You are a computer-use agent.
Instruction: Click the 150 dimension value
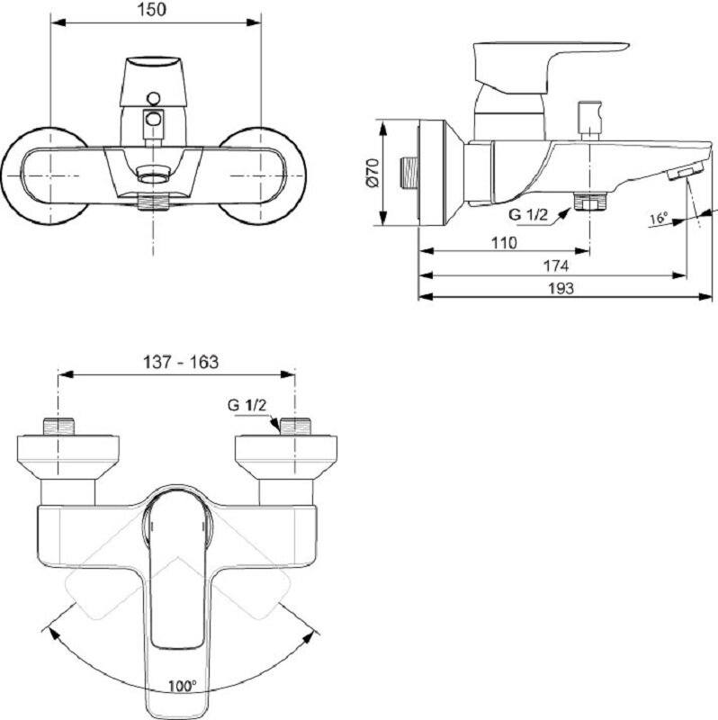(x=152, y=10)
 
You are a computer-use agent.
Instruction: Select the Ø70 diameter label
(x=372, y=173)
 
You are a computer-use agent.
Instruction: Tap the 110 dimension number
(x=504, y=242)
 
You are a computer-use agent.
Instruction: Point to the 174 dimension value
(x=556, y=265)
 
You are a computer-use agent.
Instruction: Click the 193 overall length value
(x=561, y=288)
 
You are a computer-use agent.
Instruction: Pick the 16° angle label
(x=659, y=218)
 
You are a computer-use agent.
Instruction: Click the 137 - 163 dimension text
(x=182, y=362)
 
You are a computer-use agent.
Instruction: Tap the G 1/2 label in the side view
(x=528, y=214)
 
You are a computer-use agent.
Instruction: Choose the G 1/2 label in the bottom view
(x=247, y=405)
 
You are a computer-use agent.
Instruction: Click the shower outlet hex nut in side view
(x=590, y=202)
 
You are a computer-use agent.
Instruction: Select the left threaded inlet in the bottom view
(x=58, y=427)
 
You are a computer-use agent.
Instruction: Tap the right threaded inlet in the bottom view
(x=295, y=427)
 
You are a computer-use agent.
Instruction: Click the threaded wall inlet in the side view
(x=409, y=173)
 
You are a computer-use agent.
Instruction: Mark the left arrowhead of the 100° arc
(x=53, y=634)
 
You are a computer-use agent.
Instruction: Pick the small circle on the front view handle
(x=153, y=98)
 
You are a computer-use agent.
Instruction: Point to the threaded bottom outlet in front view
(x=153, y=202)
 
